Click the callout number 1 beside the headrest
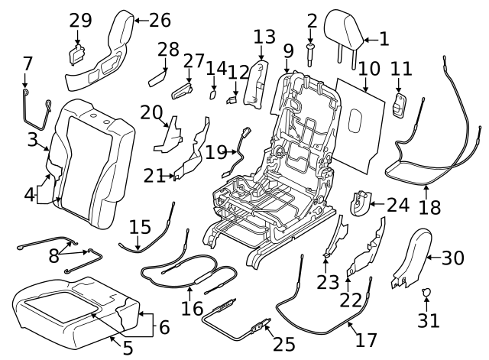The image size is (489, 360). [x=384, y=38]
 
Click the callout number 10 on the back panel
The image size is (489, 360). [x=369, y=68]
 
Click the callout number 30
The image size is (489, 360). [x=453, y=258]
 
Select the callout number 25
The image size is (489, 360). [x=283, y=345]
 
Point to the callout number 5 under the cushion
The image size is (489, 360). [x=128, y=349]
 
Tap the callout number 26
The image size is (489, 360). [x=160, y=20]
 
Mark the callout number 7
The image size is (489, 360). [x=28, y=63]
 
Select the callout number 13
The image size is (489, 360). [x=264, y=37]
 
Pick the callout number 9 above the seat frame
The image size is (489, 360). [x=288, y=52]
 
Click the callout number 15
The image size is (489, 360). [x=139, y=227]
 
